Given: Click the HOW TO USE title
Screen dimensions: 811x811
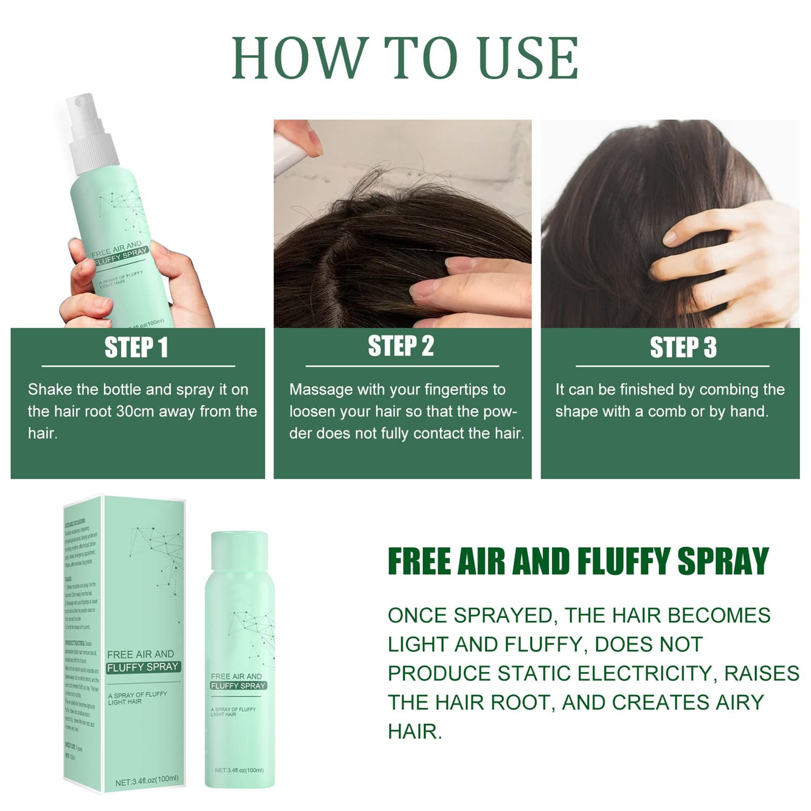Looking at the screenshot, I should point(405,58).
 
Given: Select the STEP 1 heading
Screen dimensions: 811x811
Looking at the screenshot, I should point(136,347).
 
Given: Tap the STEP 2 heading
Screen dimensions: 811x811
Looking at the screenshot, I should point(401,346).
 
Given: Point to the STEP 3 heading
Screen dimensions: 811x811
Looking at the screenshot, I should point(683,347).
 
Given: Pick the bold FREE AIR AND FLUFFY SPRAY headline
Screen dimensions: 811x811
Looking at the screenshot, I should point(578,561).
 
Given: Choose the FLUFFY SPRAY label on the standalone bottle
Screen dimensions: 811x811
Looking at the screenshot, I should point(238,686).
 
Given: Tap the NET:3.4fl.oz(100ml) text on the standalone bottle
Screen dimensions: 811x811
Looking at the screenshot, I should point(239,770).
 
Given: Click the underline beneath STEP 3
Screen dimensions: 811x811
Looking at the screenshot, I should point(672,366).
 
